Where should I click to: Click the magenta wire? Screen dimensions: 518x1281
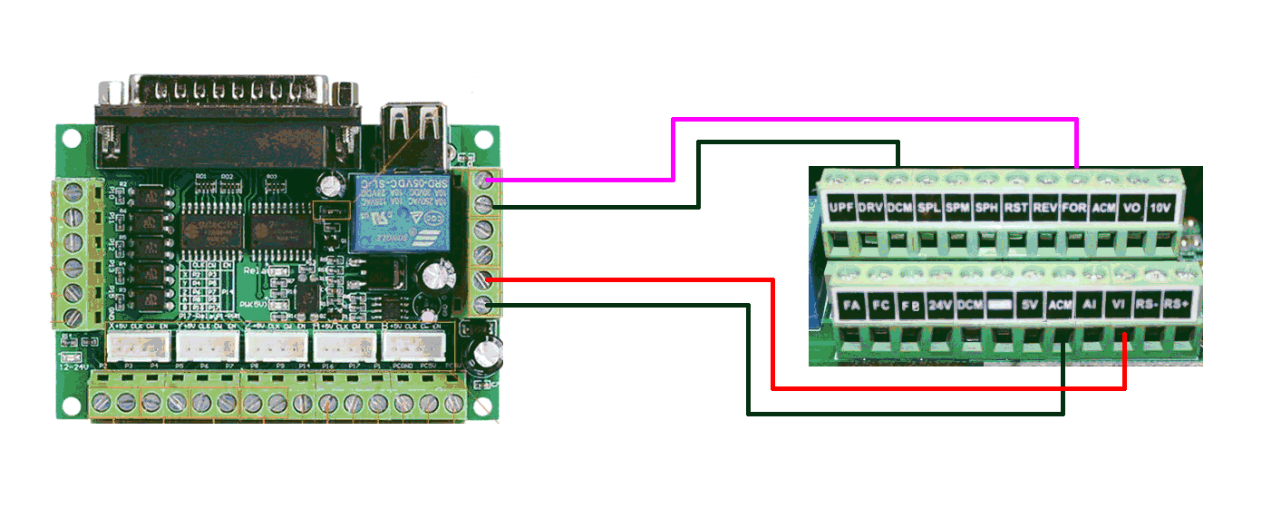pyautogui.click(x=870, y=119)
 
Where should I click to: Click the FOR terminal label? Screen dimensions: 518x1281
pyautogui.click(x=1074, y=208)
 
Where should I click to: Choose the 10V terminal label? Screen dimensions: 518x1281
pyautogui.click(x=1161, y=208)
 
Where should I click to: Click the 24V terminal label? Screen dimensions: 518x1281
pyautogui.click(x=940, y=305)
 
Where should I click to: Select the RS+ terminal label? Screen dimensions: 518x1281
pyautogui.click(x=1176, y=305)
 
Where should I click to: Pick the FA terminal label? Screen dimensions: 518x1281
pyautogui.click(x=851, y=305)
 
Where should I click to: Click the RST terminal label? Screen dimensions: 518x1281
pyautogui.click(x=1015, y=208)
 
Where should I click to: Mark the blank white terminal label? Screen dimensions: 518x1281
pyautogui.click(x=999, y=305)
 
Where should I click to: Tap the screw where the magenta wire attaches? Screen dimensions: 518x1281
pyautogui.click(x=484, y=178)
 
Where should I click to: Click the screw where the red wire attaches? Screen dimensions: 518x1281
pyautogui.click(x=484, y=279)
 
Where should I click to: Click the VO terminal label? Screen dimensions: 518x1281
pyautogui.click(x=1132, y=208)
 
